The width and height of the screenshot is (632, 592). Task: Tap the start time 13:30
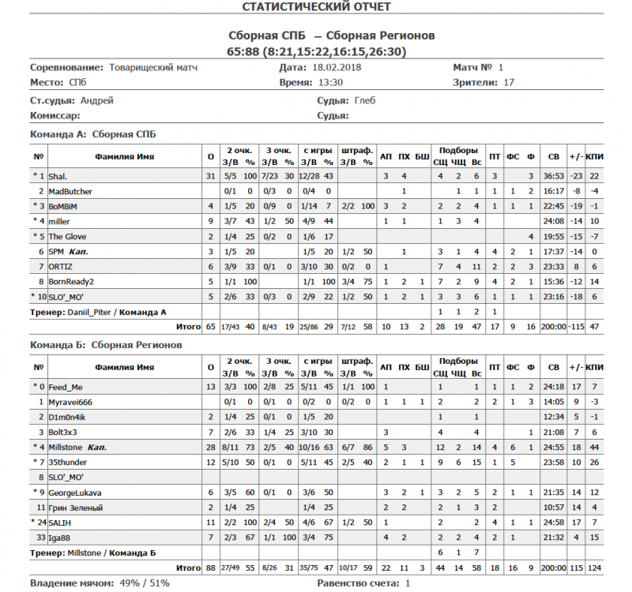(x=331, y=82)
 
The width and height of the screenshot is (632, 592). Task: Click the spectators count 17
(x=509, y=82)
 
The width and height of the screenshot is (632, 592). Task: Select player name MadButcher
(x=70, y=191)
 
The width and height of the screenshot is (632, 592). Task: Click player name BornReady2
(x=72, y=281)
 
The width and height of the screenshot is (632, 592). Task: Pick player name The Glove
(x=67, y=236)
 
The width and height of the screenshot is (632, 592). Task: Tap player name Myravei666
(x=70, y=403)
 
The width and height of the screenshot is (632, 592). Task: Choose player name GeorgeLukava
(x=75, y=493)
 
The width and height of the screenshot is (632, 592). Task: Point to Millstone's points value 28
(x=210, y=448)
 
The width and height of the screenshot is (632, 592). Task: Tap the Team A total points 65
(x=210, y=326)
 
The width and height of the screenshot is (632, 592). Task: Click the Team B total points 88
(x=210, y=568)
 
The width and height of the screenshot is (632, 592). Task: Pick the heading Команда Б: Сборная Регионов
(x=106, y=345)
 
